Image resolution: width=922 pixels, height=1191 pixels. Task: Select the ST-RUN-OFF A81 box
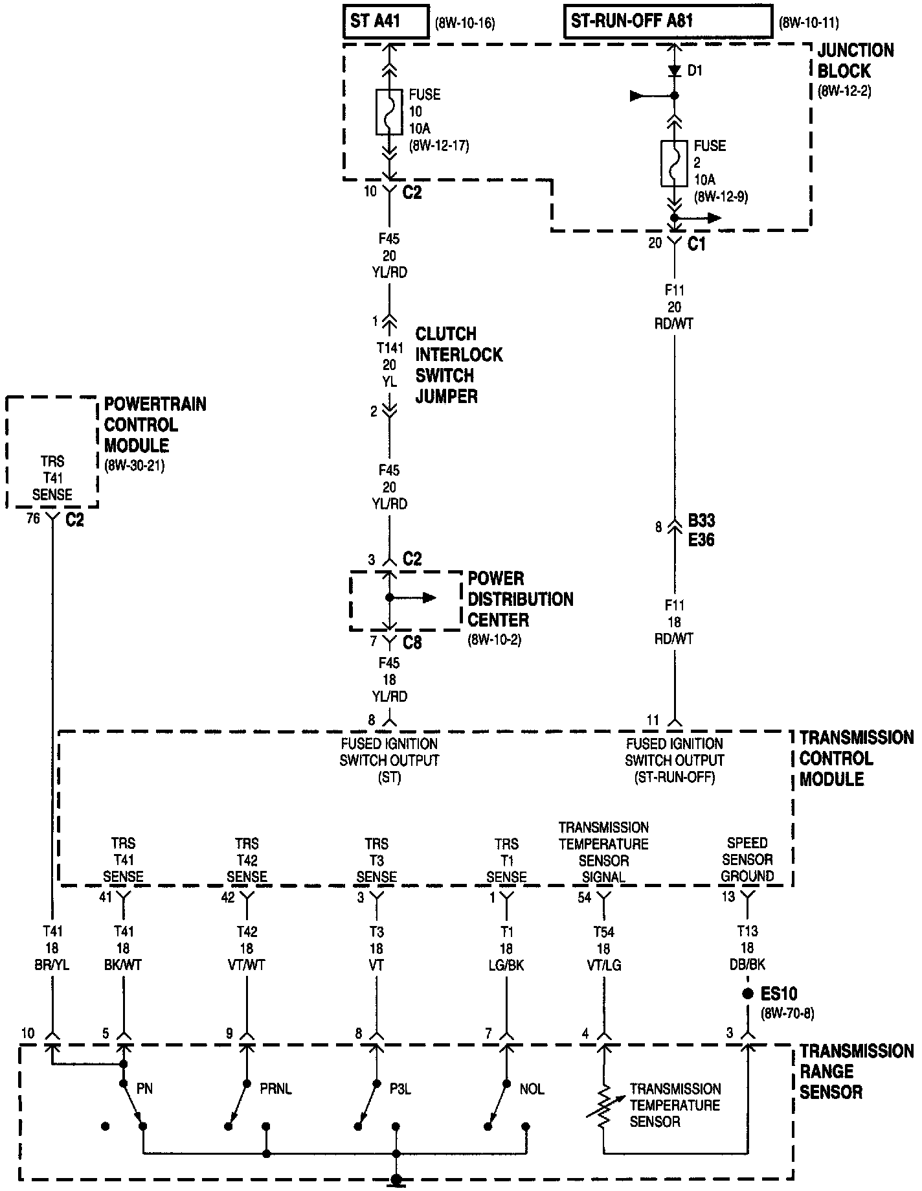668,22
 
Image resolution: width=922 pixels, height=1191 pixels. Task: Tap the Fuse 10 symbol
388,112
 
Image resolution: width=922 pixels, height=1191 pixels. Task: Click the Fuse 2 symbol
674,163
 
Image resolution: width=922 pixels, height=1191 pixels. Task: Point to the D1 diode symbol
674,69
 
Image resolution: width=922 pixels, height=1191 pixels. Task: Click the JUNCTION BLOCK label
855,61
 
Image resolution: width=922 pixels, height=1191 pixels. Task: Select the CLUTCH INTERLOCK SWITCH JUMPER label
458,365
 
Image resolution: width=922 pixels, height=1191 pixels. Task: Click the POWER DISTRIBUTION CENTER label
520,599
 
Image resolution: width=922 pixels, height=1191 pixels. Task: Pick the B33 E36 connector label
701,530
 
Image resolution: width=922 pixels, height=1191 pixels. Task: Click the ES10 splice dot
748,993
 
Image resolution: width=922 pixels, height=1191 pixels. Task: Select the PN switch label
144,1089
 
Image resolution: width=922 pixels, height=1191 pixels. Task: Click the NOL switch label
532,1089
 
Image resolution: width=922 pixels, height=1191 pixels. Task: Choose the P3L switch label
400,1089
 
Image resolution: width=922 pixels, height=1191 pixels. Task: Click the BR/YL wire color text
52,965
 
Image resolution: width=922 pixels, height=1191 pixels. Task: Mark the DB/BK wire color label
747,965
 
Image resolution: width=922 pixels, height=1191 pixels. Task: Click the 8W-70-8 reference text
786,1013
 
